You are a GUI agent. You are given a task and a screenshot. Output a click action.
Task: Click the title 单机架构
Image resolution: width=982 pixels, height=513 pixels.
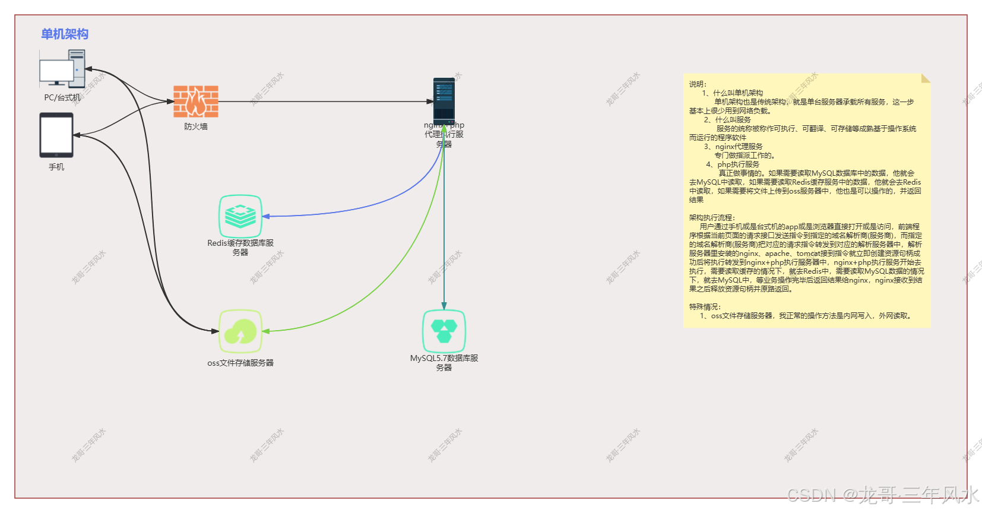tap(65, 34)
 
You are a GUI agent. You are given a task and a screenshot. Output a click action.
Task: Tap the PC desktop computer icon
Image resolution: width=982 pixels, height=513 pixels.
tap(62, 68)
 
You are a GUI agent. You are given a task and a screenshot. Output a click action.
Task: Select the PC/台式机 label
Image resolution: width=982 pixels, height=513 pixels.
tap(62, 97)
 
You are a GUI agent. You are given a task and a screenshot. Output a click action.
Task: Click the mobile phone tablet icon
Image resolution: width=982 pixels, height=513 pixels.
tap(56, 135)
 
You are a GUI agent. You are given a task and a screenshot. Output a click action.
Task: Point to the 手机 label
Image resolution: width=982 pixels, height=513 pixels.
tap(56, 167)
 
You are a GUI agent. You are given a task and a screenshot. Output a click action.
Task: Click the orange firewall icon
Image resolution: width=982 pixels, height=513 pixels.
tap(196, 101)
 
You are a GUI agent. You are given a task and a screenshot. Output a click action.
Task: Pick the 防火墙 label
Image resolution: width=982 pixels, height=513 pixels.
tap(196, 126)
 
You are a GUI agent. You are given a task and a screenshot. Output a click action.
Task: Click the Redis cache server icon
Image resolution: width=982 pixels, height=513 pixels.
tap(240, 216)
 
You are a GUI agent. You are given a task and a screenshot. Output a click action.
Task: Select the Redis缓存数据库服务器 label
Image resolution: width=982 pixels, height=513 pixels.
tap(240, 247)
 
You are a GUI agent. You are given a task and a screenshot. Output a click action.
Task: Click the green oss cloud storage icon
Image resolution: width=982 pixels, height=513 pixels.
tap(240, 331)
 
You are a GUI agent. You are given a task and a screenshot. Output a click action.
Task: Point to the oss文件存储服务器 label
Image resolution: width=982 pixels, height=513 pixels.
tap(240, 363)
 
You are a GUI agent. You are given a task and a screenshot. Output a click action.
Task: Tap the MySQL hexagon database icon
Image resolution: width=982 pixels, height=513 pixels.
tap(444, 331)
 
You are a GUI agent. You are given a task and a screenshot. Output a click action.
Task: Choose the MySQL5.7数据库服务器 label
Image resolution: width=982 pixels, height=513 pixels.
tap(444, 362)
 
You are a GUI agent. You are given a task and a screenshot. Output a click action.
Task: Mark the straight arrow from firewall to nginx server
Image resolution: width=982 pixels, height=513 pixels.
tap(327, 102)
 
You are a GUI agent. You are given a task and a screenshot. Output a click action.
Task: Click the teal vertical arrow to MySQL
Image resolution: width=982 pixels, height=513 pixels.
tap(444, 237)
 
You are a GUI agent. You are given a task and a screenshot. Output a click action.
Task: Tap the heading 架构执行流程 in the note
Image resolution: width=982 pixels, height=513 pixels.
tap(712, 218)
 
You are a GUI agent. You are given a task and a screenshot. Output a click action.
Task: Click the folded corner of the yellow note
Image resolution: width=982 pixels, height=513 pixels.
tap(925, 78)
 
